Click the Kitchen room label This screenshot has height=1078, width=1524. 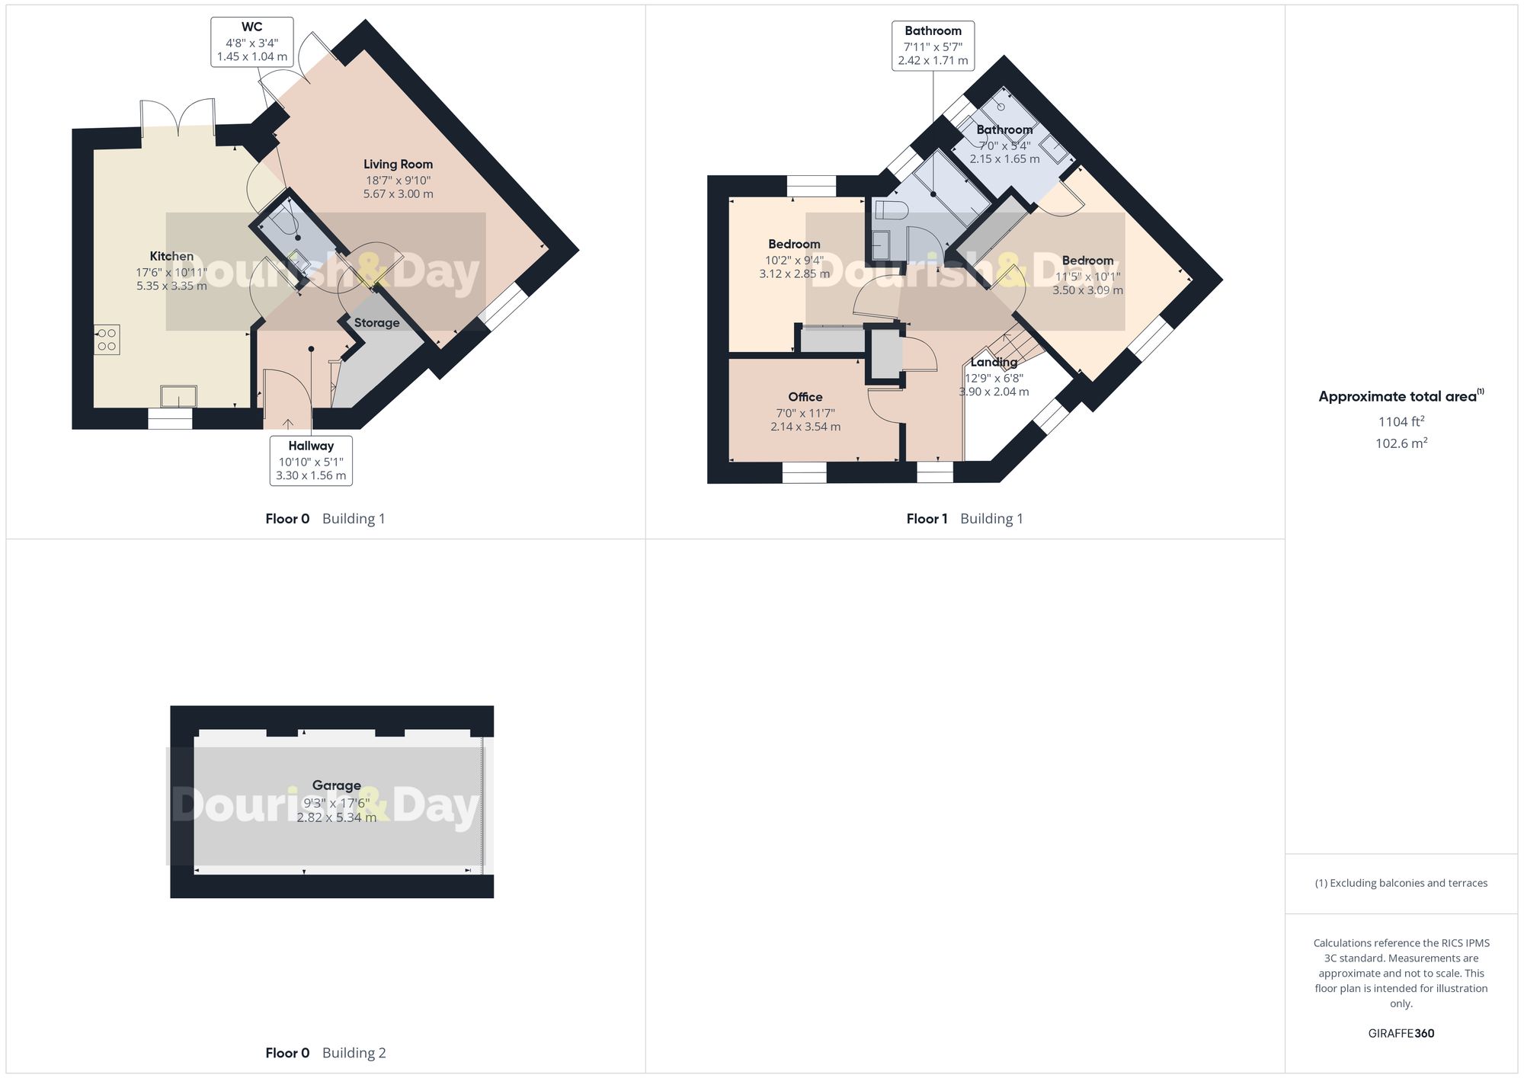point(171,257)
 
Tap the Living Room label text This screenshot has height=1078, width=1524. point(398,165)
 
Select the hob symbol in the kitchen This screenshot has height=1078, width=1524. point(107,340)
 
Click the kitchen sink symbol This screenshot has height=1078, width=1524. point(178,396)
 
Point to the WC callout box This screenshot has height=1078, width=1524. point(251,41)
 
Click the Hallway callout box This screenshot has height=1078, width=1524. point(311,460)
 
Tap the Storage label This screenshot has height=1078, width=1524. point(376,323)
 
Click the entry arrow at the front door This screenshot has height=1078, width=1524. point(288,424)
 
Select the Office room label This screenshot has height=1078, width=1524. point(805,397)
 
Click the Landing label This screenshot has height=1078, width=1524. point(994,363)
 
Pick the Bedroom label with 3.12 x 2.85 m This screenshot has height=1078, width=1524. point(794,245)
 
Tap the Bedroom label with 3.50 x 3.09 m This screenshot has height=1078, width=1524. point(1087,261)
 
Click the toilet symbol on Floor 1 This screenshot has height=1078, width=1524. point(889,210)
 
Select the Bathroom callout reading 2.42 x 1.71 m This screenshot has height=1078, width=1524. point(933,46)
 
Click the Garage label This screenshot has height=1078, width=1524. point(336,785)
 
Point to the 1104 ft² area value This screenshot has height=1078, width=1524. point(1401,421)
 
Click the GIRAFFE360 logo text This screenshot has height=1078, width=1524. point(1401,1033)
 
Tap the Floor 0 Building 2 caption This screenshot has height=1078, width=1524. point(325,1053)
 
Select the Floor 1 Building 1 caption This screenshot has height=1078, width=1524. point(964,519)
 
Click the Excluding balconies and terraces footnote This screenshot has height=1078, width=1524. point(1401,883)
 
